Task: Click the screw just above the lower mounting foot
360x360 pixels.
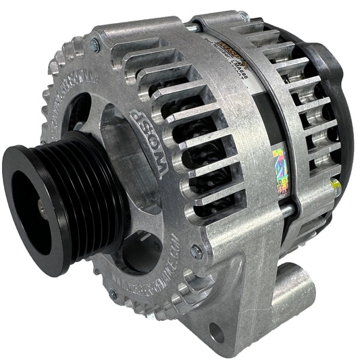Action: (x=197, y=252)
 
